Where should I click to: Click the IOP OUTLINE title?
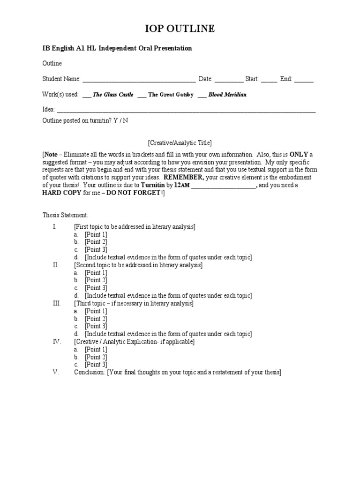click(180, 29)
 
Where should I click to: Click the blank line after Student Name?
click(139, 79)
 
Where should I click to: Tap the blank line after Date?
click(229, 79)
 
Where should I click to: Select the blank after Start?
click(269, 79)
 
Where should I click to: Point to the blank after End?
click(304, 79)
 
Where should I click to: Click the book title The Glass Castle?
click(113, 95)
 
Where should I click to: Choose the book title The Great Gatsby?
click(171, 95)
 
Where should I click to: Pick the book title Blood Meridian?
click(227, 95)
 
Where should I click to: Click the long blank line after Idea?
click(186, 110)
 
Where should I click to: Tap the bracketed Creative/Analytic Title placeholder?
click(180, 142)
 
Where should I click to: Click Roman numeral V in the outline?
click(55, 372)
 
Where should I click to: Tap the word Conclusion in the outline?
click(90, 372)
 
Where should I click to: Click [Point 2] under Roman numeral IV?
click(96, 357)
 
